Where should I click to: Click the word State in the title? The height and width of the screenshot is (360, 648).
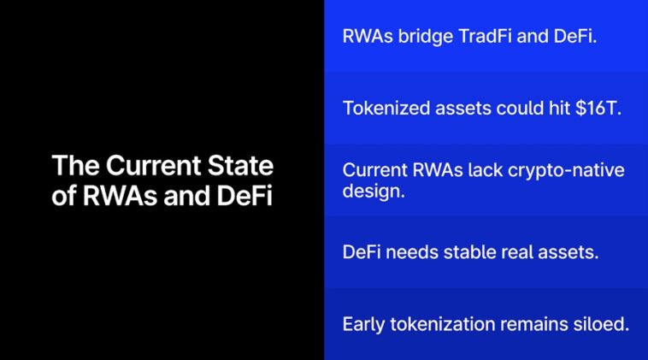(240, 165)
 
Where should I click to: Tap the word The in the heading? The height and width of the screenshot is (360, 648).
(76, 165)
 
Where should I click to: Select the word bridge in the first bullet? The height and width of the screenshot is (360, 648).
(426, 38)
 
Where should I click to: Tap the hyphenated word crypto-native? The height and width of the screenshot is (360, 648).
(566, 171)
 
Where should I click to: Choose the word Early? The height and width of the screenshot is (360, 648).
(363, 325)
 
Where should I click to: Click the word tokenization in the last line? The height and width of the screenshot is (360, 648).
(442, 324)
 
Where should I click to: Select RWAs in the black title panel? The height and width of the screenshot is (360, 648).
(120, 196)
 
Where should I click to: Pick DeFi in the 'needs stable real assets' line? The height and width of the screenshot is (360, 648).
(362, 251)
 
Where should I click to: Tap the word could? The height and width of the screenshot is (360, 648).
(520, 109)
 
